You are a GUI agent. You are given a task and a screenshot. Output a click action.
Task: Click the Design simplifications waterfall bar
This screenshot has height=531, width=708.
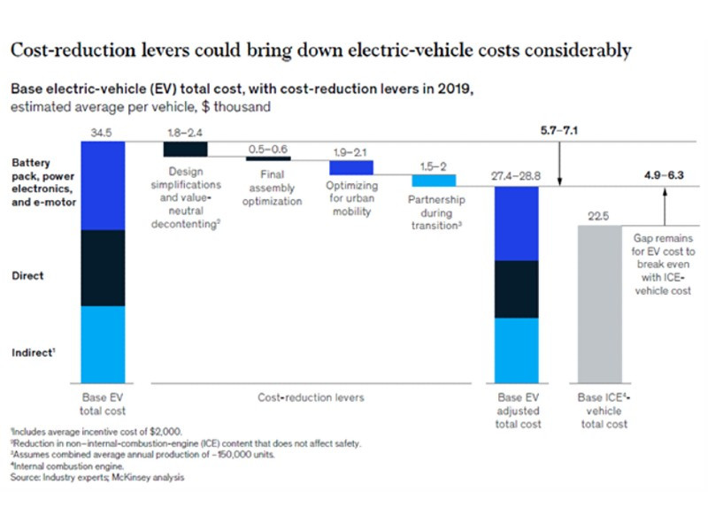pyautogui.click(x=184, y=149)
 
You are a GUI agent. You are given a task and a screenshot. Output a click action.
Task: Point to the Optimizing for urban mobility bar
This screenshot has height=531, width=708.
pyautogui.click(x=350, y=167)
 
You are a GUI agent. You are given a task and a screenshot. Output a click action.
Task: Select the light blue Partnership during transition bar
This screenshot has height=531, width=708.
pyautogui.click(x=434, y=180)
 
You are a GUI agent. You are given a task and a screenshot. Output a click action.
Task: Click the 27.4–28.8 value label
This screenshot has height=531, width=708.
pyautogui.click(x=516, y=176)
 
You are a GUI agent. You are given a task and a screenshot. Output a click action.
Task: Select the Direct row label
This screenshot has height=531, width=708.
pyautogui.click(x=27, y=276)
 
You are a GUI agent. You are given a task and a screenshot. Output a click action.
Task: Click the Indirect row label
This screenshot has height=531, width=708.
pyautogui.click(x=33, y=352)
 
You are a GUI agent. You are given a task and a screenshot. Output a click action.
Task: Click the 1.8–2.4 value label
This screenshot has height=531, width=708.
pyautogui.click(x=184, y=132)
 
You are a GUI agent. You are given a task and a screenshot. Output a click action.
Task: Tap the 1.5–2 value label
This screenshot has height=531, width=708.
pyautogui.click(x=434, y=165)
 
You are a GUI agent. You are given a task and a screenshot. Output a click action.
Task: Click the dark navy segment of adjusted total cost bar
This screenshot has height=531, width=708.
pyautogui.click(x=516, y=289)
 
